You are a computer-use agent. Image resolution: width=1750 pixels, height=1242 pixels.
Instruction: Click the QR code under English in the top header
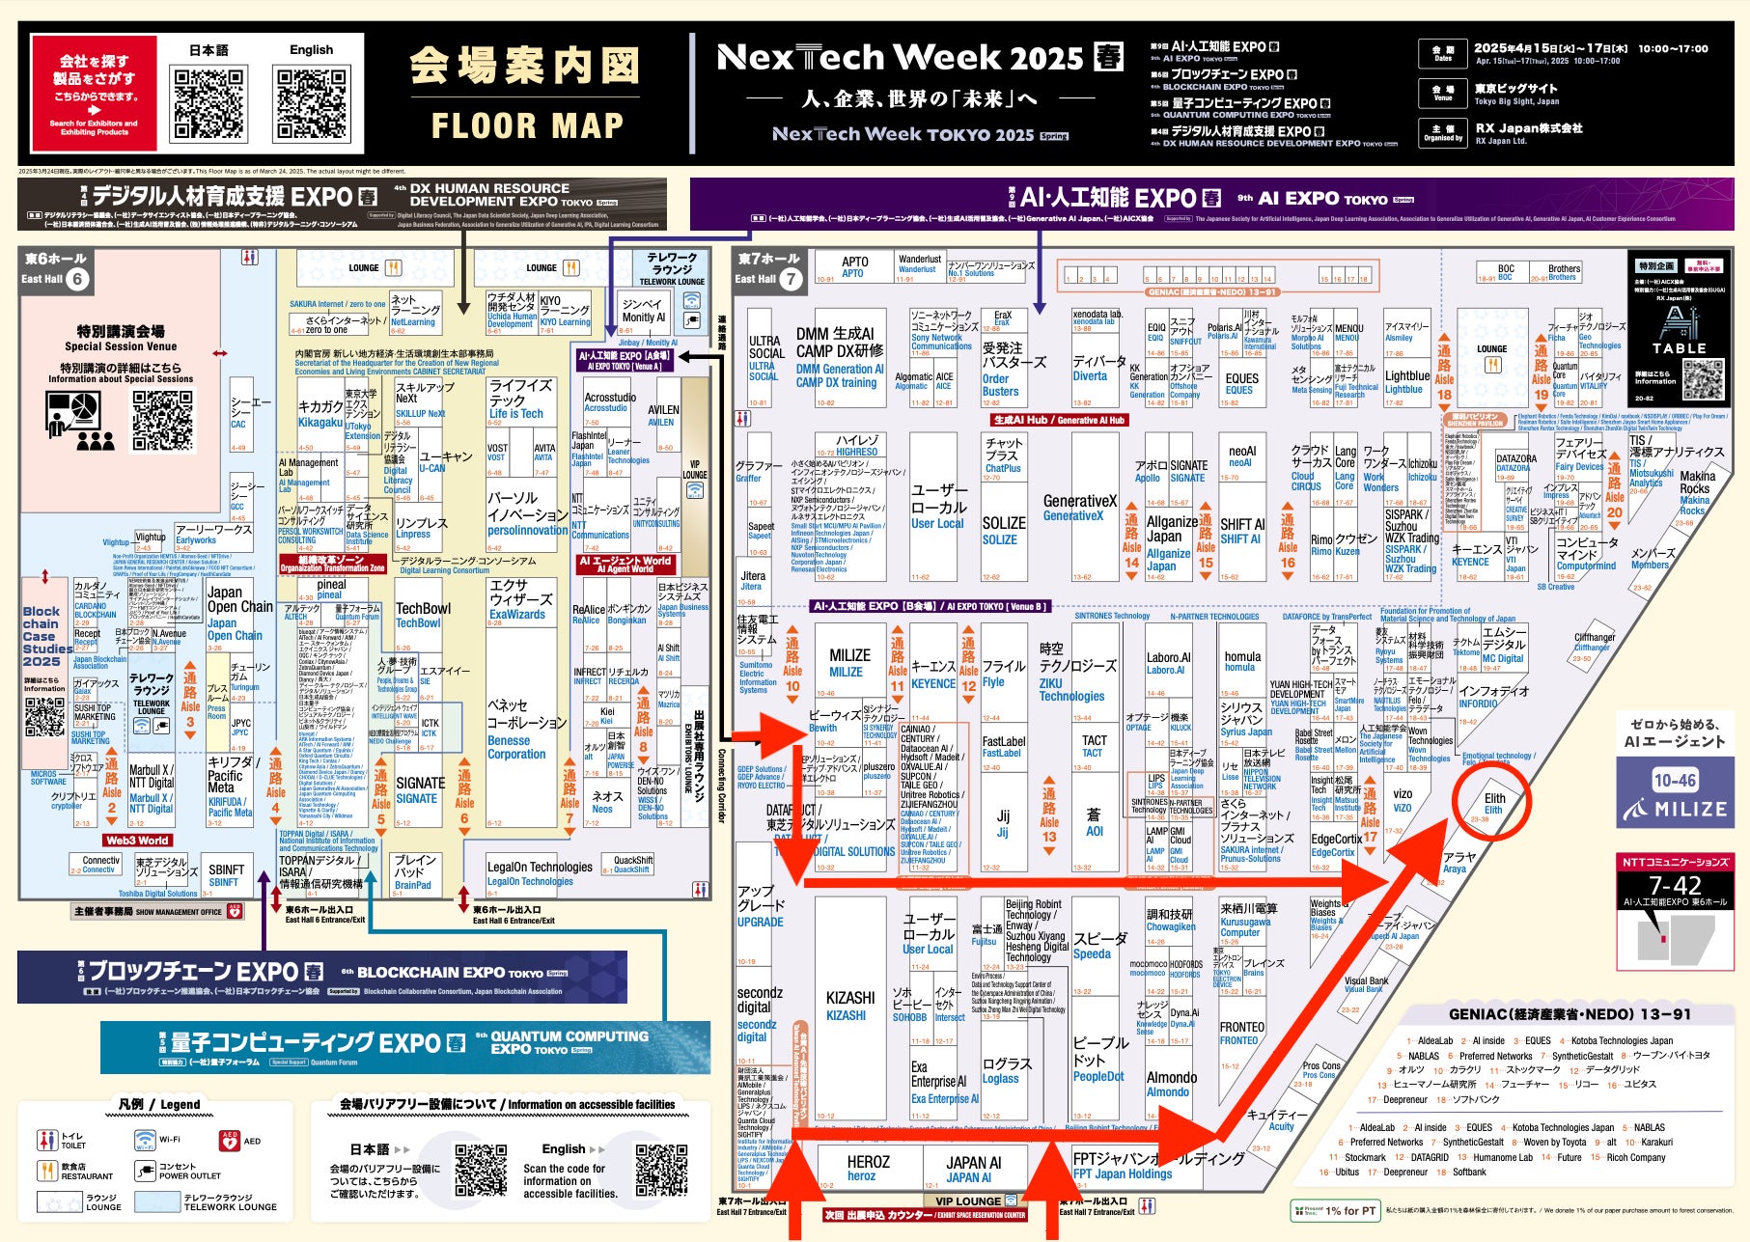[311, 103]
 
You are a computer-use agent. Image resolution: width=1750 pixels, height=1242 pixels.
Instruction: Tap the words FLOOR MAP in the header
[527, 125]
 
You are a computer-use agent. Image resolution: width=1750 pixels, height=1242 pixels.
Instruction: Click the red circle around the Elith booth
[1493, 803]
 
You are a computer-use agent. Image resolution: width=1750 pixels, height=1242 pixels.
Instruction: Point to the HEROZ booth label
[868, 1168]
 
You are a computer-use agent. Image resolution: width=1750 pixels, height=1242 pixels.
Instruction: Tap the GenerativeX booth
[1079, 508]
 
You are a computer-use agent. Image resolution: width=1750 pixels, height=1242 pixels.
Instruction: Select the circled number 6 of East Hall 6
[77, 279]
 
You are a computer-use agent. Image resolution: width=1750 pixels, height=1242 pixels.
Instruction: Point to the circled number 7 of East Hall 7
[791, 279]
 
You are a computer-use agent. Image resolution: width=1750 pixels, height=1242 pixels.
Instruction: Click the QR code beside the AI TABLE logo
[1703, 378]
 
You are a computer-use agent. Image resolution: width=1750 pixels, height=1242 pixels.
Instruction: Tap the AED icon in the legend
[230, 1141]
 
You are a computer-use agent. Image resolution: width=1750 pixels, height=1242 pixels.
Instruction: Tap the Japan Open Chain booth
[238, 614]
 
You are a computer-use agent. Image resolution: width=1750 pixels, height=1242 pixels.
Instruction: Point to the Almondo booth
[1171, 1084]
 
